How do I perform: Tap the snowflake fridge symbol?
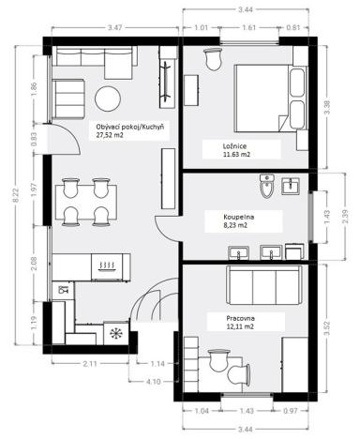116,333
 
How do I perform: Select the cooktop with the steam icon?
104,266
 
